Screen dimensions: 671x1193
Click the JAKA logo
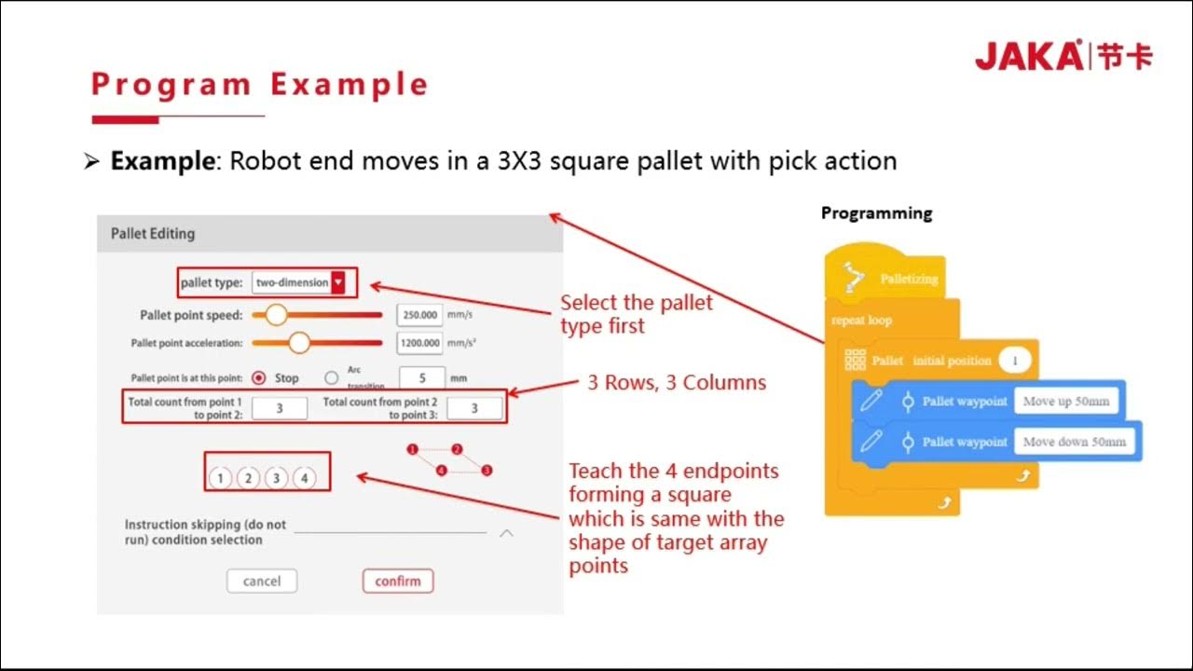pyautogui.click(x=1063, y=56)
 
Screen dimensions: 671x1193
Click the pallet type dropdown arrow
pyautogui.click(x=338, y=282)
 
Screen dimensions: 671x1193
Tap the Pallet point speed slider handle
pyautogui.click(x=276, y=315)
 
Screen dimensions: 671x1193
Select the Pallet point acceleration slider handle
pyautogui.click(x=298, y=343)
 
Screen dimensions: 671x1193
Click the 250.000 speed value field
pyautogui.click(x=419, y=315)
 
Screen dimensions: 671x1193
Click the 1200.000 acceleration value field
pyautogui.click(x=419, y=343)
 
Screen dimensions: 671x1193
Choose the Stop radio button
pyautogui.click(x=259, y=378)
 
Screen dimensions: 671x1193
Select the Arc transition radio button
pyautogui.click(x=331, y=378)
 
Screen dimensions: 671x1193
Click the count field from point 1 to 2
pyautogui.click(x=279, y=408)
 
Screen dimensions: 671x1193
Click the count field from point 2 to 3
pyautogui.click(x=473, y=408)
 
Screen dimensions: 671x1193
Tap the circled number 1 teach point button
pyautogui.click(x=219, y=478)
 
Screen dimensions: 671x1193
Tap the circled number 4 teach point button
pyautogui.click(x=304, y=478)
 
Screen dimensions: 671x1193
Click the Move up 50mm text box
pyautogui.click(x=1065, y=401)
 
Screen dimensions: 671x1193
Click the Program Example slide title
pyautogui.click(x=259, y=85)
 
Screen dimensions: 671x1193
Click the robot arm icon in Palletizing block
pyautogui.click(x=854, y=277)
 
